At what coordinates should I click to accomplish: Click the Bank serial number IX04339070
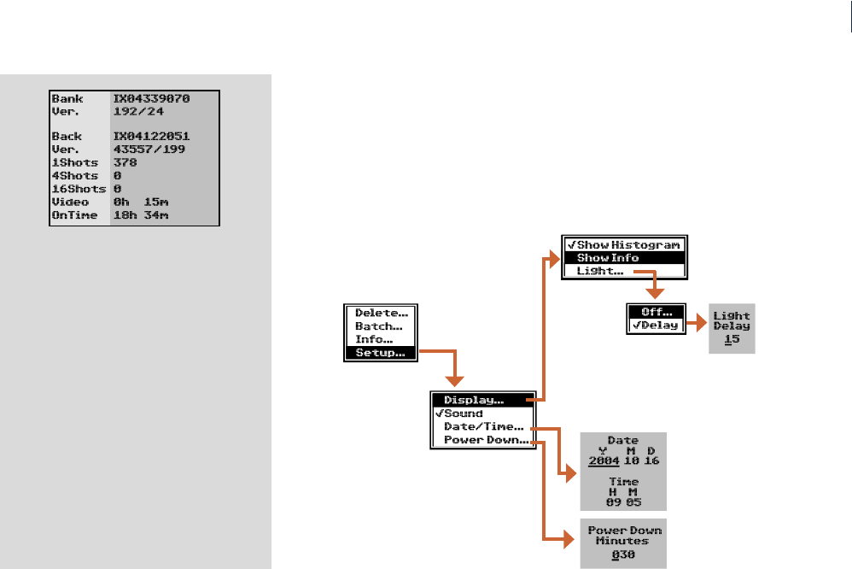pos(151,99)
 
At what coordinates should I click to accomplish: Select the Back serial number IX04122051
pos(151,137)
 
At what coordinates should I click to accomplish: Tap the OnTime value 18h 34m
pos(141,214)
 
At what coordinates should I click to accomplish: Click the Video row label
pos(70,202)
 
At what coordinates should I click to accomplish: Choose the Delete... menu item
pos(381,314)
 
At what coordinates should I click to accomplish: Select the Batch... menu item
pos(379,326)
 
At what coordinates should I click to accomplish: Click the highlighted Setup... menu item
pos(380,353)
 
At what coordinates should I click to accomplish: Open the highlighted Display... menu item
pos(474,400)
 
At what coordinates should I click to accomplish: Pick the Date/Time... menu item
pos(483,427)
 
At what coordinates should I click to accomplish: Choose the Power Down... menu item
pos(486,441)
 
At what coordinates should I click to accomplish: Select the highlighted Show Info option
pos(608,258)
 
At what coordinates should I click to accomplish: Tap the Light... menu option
pos(600,272)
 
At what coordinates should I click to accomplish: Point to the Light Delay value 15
pos(731,340)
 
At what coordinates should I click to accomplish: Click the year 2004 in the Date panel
pos(604,461)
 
